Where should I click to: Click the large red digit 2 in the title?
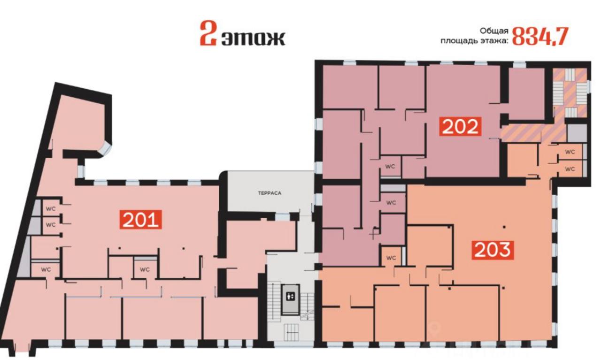point(208,34)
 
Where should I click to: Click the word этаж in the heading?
point(254,38)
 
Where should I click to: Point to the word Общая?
point(494,31)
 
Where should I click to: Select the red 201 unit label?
point(140,220)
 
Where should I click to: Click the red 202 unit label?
point(460,127)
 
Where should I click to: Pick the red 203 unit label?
point(493,250)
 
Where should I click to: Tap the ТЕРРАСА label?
point(270,193)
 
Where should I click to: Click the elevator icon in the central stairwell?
point(291,297)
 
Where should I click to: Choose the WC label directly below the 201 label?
point(145,269)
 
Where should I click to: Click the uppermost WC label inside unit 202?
point(390,167)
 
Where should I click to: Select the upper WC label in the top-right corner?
point(570,152)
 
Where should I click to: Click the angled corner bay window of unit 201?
point(106,149)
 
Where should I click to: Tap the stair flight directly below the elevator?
point(291,332)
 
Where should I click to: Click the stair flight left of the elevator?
point(274,300)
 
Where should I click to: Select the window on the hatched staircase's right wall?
point(589,85)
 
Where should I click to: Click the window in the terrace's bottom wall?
point(282,217)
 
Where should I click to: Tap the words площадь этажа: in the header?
point(474,41)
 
